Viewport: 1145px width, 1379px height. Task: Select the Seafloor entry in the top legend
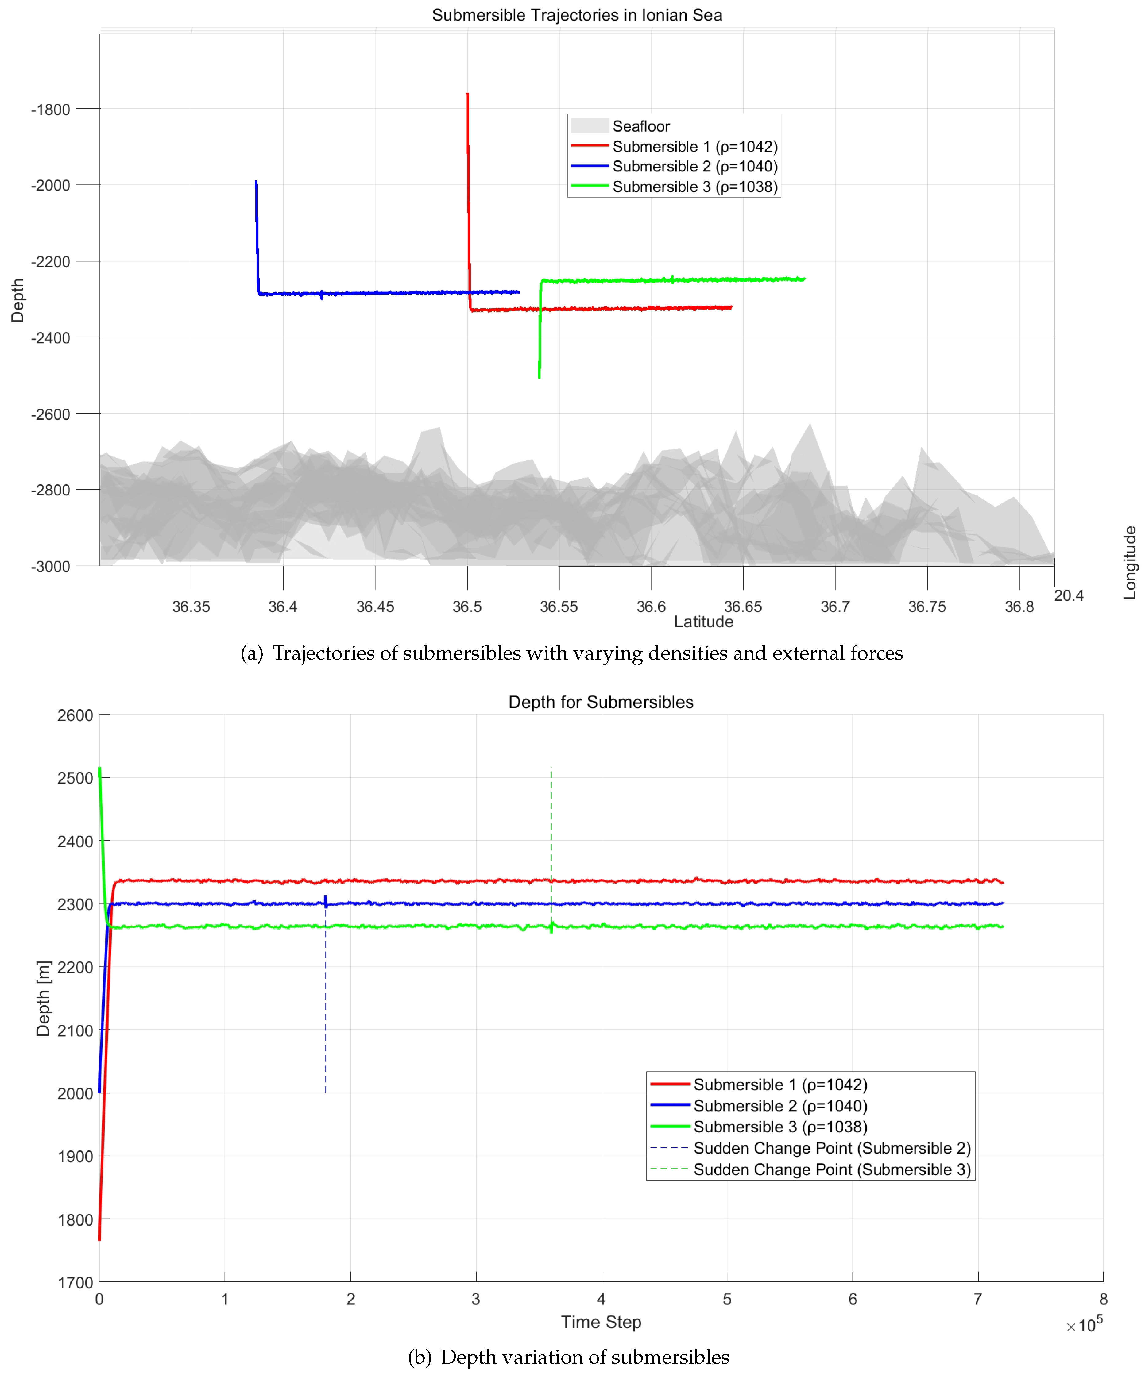640,126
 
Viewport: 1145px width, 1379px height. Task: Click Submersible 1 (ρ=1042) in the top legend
694,146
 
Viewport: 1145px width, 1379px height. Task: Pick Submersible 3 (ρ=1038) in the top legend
694,187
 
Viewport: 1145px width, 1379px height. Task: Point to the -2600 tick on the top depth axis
51,414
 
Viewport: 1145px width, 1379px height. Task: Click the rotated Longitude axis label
1129,563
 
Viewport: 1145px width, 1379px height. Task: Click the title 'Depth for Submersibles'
600,702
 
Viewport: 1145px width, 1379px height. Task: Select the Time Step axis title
600,1322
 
